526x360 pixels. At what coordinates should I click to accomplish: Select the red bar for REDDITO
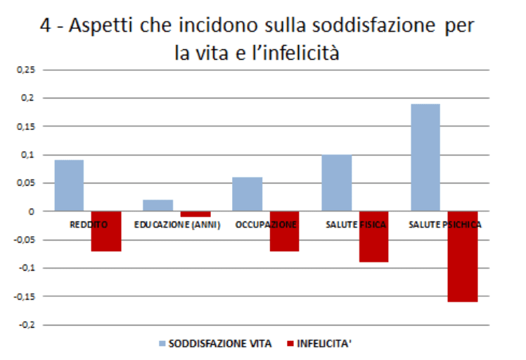(x=106, y=231)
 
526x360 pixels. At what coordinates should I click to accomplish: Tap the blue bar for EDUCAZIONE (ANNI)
(x=158, y=205)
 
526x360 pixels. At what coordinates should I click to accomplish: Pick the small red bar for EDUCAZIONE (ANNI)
(x=195, y=214)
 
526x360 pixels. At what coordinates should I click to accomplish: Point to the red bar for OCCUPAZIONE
(x=285, y=231)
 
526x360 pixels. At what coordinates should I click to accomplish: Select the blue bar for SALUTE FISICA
(x=337, y=183)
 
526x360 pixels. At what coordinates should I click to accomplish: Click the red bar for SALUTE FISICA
(x=374, y=237)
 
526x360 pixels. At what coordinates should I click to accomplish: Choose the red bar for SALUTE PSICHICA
(x=463, y=257)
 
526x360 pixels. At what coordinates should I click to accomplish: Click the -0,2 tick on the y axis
(x=27, y=325)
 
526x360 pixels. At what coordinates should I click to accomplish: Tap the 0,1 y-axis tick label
(x=27, y=155)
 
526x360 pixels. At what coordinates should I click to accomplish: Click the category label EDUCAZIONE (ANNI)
(x=177, y=225)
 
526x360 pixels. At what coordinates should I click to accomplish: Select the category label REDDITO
(x=88, y=225)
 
